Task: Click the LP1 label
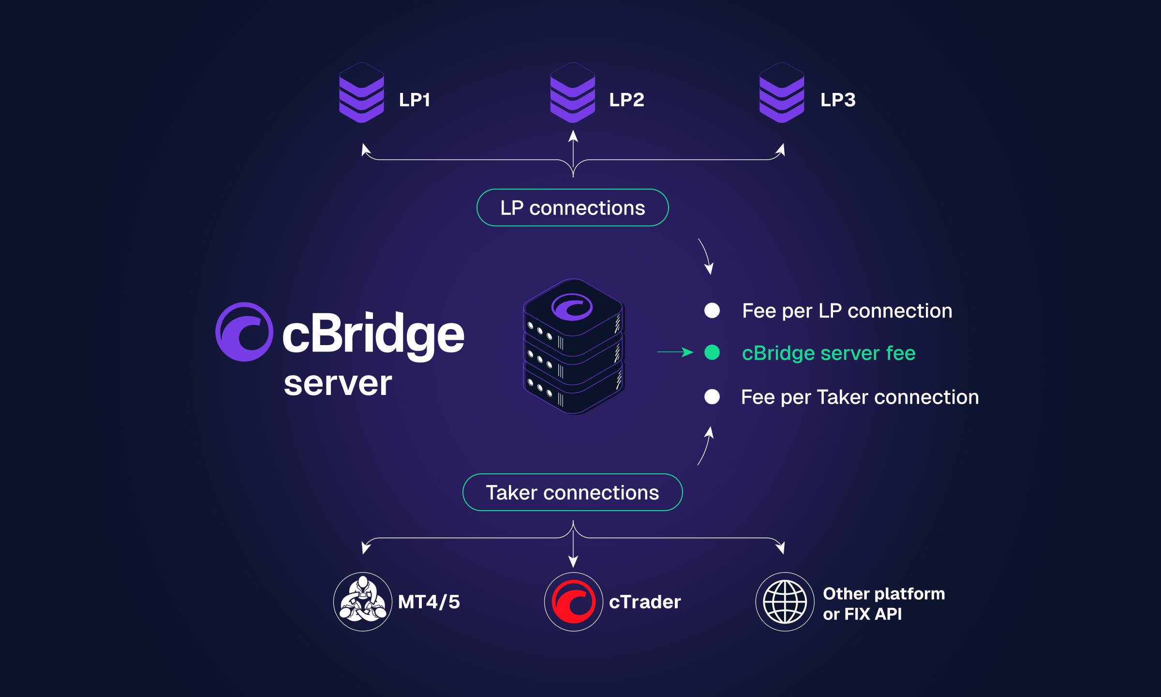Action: point(415,100)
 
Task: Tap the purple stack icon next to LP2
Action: point(573,92)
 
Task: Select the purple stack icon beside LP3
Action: point(782,92)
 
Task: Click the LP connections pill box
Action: point(573,208)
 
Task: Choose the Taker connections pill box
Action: point(573,492)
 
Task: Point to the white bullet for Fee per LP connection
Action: point(712,310)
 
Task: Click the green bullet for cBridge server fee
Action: point(712,352)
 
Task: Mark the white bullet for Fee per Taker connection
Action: point(712,397)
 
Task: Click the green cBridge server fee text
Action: point(829,353)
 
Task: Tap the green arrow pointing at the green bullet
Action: point(675,352)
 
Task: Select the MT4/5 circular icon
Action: point(363,602)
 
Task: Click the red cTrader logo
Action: point(574,602)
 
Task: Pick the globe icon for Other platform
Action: point(785,602)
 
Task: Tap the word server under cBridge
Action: point(338,384)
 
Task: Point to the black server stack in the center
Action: point(574,347)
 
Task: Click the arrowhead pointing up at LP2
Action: point(573,136)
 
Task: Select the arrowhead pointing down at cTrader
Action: point(573,561)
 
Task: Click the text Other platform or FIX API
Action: point(884,604)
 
